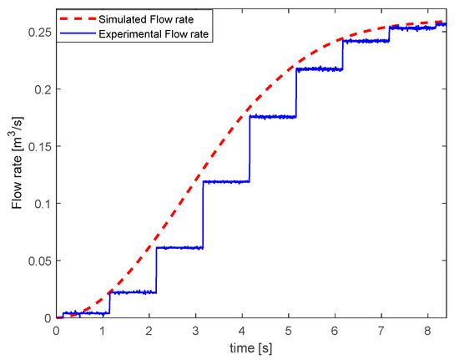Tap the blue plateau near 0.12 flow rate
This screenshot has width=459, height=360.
click(x=225, y=181)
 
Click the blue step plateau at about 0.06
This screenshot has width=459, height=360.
click(x=179, y=247)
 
